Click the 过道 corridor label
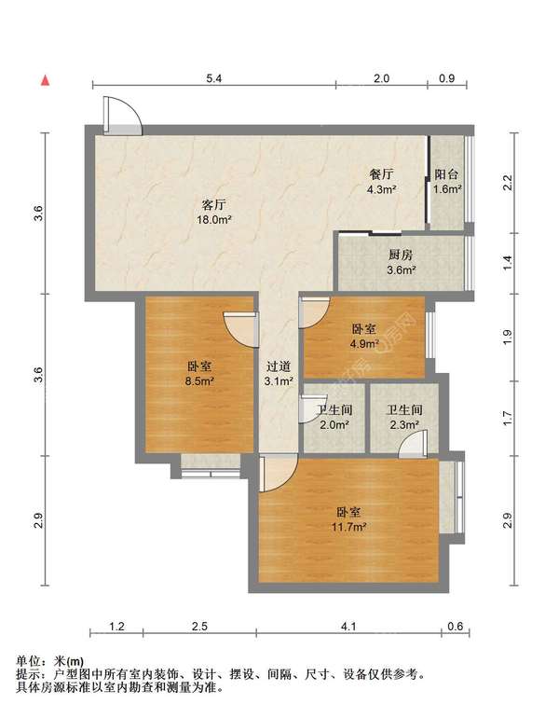(279, 366)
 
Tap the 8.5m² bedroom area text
(199, 381)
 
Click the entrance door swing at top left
(122, 114)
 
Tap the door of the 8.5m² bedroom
(240, 326)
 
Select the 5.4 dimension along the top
(213, 79)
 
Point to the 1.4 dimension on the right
(508, 261)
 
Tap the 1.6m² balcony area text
(447, 189)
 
